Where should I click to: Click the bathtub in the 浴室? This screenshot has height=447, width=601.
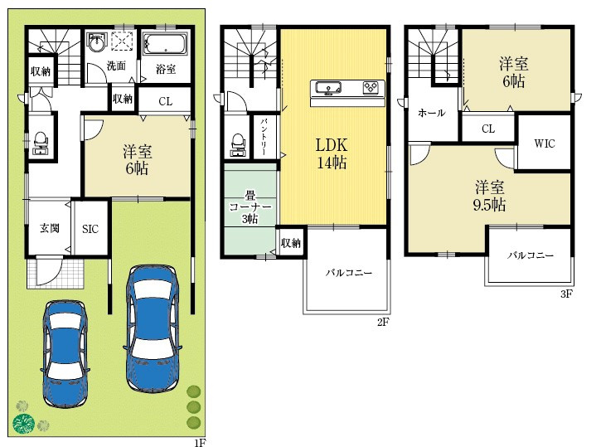point(165,43)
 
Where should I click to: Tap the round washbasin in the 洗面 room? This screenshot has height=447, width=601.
point(95,41)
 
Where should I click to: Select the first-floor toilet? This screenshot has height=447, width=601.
point(41,143)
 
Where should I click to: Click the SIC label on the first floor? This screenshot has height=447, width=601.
point(90,229)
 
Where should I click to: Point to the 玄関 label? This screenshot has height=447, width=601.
point(50,228)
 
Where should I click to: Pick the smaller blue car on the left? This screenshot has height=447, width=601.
point(65,353)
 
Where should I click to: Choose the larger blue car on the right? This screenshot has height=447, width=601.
point(153,328)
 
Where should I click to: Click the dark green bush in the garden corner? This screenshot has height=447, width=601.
point(24,424)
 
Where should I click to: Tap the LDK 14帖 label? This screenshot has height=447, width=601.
point(332,153)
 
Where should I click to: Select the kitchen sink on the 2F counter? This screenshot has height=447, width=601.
point(328,88)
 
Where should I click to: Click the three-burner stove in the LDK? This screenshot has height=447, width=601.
point(371,87)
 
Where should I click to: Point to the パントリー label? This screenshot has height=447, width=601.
point(264,137)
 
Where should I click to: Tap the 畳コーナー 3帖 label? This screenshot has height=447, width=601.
point(250,207)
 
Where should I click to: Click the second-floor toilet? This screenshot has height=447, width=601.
point(238,145)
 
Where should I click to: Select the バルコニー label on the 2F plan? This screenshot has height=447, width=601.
point(349,273)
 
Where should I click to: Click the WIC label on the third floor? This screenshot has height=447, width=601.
point(545,143)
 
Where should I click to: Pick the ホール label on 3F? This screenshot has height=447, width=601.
point(432,113)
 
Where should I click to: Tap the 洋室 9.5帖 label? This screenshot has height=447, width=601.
point(489,196)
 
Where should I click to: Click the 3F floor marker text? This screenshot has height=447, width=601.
point(566,294)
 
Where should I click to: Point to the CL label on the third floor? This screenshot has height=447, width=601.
point(488,129)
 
